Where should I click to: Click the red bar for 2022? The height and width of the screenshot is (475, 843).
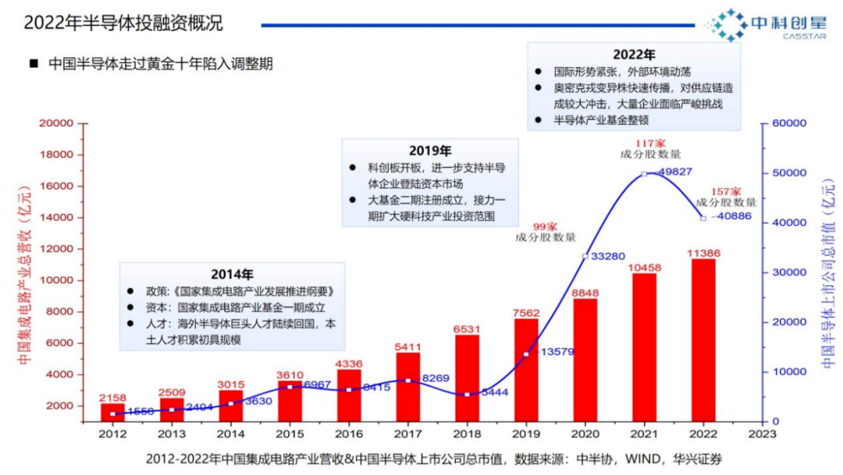(702, 340)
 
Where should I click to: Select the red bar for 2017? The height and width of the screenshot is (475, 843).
(407, 387)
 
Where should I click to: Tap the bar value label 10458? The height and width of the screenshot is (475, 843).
(643, 267)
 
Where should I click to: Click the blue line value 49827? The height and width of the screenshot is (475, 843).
(672, 172)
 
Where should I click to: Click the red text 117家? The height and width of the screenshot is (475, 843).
(649, 143)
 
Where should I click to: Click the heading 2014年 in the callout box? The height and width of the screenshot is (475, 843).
(232, 274)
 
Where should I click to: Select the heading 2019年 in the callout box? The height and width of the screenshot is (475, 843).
(430, 150)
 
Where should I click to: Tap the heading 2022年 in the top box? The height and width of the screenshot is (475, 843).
(634, 54)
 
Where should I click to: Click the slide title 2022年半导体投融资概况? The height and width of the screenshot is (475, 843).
(123, 23)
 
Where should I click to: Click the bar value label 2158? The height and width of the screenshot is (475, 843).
(113, 398)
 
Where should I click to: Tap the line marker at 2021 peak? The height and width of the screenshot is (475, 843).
(644, 173)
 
